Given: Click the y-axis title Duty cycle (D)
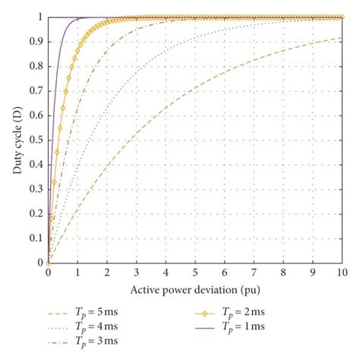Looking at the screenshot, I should (x=17, y=140).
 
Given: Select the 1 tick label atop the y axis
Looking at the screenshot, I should (x=41, y=17).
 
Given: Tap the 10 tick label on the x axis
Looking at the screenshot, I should (x=343, y=272).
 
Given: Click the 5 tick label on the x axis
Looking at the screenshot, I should (x=195, y=272).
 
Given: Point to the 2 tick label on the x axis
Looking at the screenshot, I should (x=107, y=272).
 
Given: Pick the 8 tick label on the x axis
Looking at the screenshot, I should (x=283, y=272).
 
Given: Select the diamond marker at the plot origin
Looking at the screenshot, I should (x=48, y=263).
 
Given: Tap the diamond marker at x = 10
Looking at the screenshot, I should (x=343, y=17).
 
